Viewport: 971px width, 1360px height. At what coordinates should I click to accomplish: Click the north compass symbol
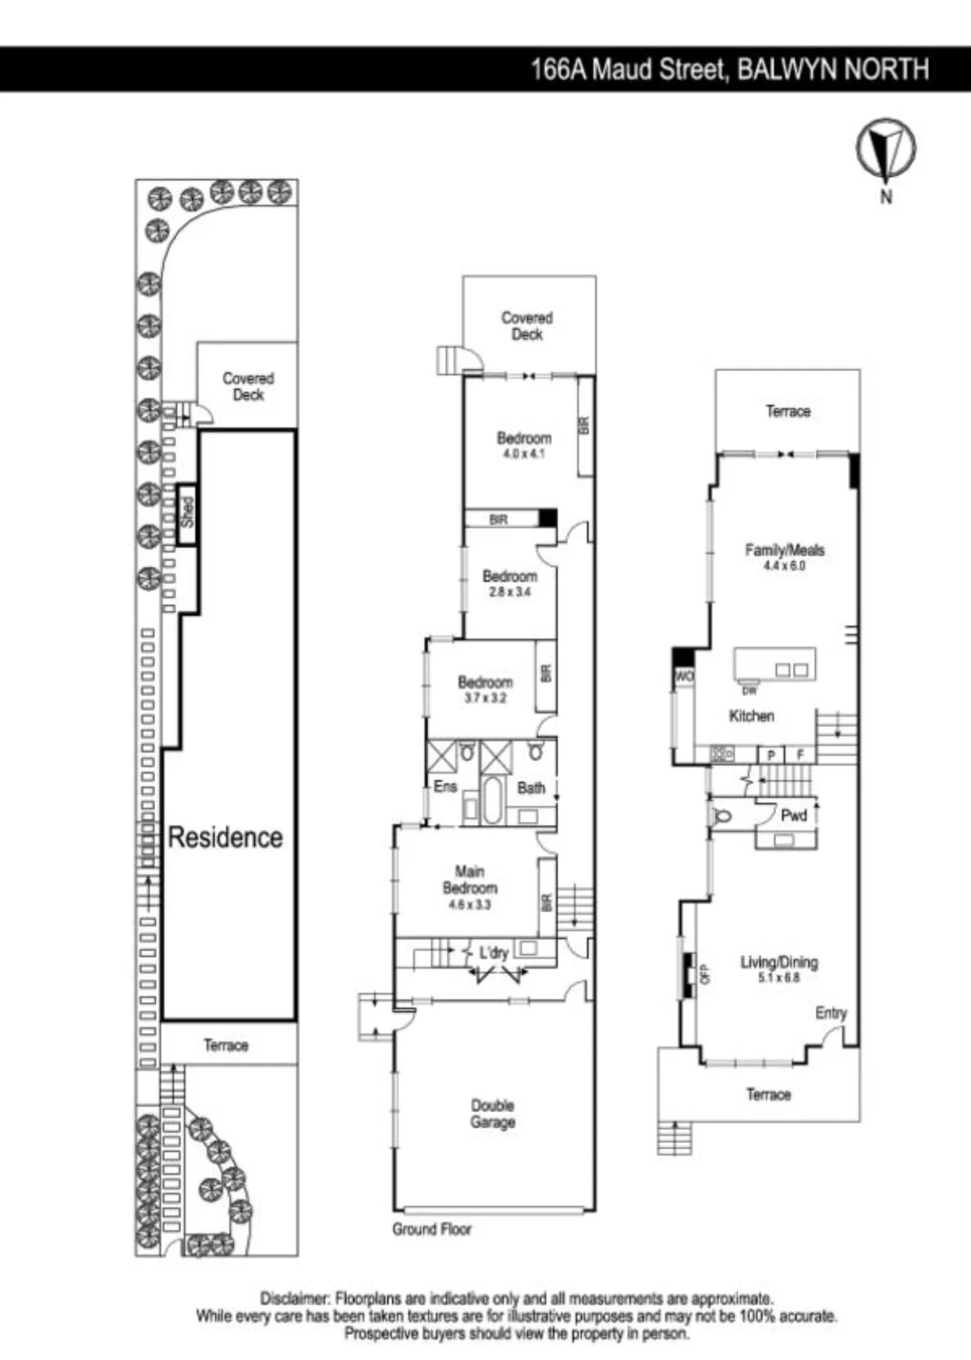click(x=885, y=148)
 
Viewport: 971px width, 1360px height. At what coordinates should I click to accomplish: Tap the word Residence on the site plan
click(x=225, y=838)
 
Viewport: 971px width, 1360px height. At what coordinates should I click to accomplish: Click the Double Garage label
click(x=493, y=1114)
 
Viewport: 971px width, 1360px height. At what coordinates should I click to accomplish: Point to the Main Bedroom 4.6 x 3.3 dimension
click(x=470, y=905)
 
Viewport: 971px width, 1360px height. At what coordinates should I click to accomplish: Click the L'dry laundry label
click(x=494, y=952)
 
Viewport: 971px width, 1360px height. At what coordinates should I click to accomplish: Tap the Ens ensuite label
click(x=445, y=786)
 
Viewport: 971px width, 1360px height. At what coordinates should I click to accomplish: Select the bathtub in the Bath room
click(x=491, y=800)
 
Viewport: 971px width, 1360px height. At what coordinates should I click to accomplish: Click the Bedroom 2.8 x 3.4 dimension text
click(x=509, y=592)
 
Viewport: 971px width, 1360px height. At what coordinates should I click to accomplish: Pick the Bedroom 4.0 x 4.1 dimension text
click(x=524, y=454)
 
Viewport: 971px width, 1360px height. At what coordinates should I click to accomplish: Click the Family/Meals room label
click(x=785, y=550)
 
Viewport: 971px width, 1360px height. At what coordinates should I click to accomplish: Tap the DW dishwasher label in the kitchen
click(x=750, y=690)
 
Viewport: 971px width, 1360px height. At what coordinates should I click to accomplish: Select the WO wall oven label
click(x=684, y=676)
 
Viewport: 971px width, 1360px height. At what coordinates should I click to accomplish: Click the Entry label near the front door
click(x=831, y=1013)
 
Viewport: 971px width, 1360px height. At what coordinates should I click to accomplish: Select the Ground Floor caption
click(x=432, y=1229)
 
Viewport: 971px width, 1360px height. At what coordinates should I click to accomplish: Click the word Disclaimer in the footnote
click(x=295, y=1299)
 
